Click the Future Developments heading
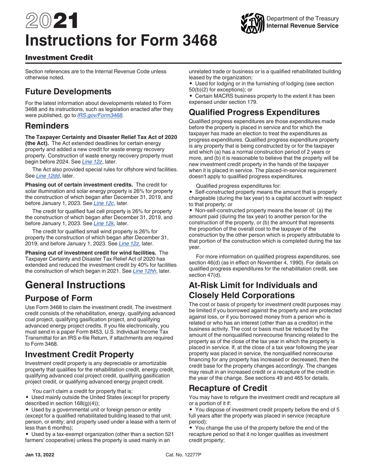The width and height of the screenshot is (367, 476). [68, 92]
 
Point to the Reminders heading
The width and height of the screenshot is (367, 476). [47, 126]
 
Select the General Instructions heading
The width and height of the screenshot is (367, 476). [75, 285]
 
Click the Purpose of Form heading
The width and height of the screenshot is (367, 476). [59, 298]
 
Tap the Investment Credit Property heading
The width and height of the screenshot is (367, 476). [80, 354]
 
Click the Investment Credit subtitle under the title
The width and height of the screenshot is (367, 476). [59, 58]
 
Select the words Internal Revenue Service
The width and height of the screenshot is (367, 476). [302, 26]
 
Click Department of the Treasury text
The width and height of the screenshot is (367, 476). [302, 19]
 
